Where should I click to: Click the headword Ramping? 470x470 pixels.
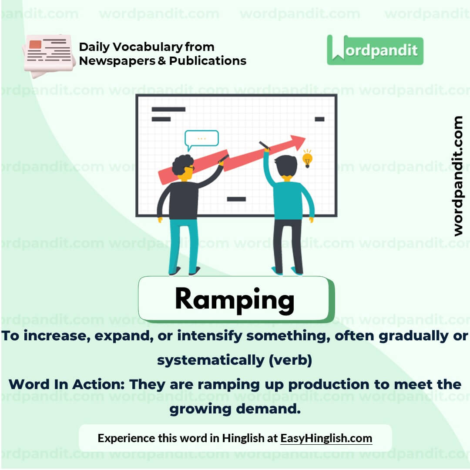coord(234,299)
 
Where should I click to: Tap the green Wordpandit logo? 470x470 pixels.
coord(375,50)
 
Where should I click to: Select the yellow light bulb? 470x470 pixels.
coord(307,158)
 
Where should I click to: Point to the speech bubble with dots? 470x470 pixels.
coord(201,138)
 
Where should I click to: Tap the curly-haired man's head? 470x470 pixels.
coord(183,166)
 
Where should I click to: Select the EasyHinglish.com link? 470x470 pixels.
coord(326,438)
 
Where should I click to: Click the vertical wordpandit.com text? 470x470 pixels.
coord(457,176)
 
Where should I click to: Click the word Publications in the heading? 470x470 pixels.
coord(208,61)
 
